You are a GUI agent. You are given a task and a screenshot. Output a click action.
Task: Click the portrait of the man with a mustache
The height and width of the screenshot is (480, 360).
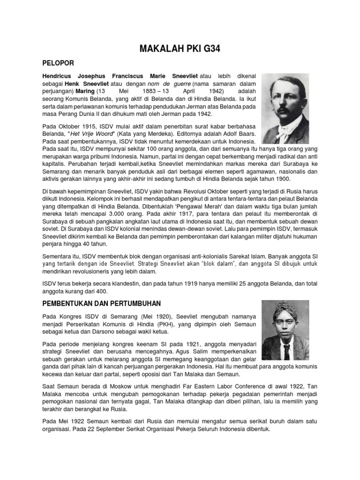pyautogui.click(x=285, y=108)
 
